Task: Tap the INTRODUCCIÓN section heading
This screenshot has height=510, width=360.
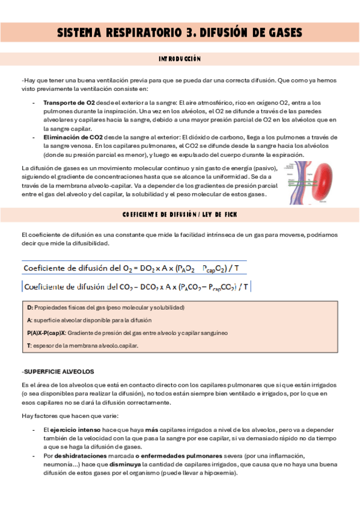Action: click(180, 59)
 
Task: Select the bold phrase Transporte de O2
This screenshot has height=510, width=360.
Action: click(69, 103)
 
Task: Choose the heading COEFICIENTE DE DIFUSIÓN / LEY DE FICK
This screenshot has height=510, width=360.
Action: click(180, 214)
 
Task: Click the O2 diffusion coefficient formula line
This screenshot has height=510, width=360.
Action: click(136, 268)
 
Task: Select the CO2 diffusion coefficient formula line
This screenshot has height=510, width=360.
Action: click(136, 287)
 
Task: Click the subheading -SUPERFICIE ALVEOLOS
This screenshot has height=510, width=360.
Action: click(58, 371)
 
